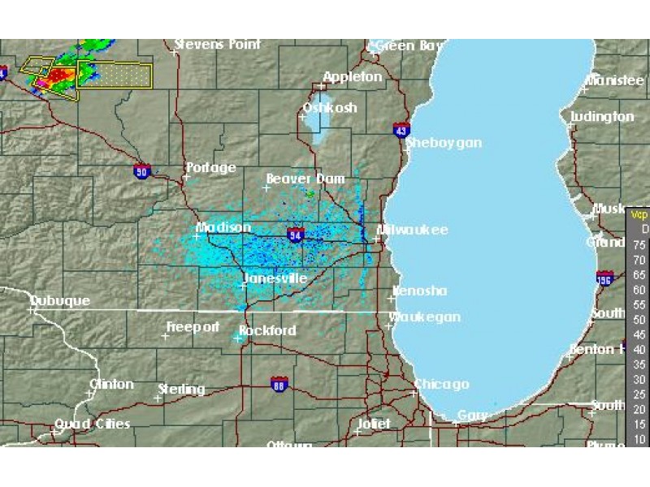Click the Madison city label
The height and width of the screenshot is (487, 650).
coord(224,228)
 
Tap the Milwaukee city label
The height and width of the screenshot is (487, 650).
coord(414,231)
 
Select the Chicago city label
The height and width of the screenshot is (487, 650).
coord(442,384)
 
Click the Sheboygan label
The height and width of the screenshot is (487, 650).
coord(444,143)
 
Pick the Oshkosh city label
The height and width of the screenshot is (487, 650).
coord(330,108)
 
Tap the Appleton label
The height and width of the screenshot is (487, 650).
coord(353,77)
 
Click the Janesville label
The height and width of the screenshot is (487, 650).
coord(276,278)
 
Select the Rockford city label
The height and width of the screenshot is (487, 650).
coord(268,331)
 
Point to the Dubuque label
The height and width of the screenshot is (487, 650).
coord(60,301)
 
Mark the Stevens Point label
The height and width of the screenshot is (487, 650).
coord(218,45)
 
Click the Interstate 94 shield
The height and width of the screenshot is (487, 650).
coord(296,235)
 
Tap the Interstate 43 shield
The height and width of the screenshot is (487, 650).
coord(401,130)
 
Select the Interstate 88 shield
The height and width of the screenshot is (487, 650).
coord(279,384)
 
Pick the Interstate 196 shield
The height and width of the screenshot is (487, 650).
coord(604,278)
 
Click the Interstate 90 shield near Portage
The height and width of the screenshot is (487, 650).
coord(143,170)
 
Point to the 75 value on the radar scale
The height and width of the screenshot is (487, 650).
coord(639,244)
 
